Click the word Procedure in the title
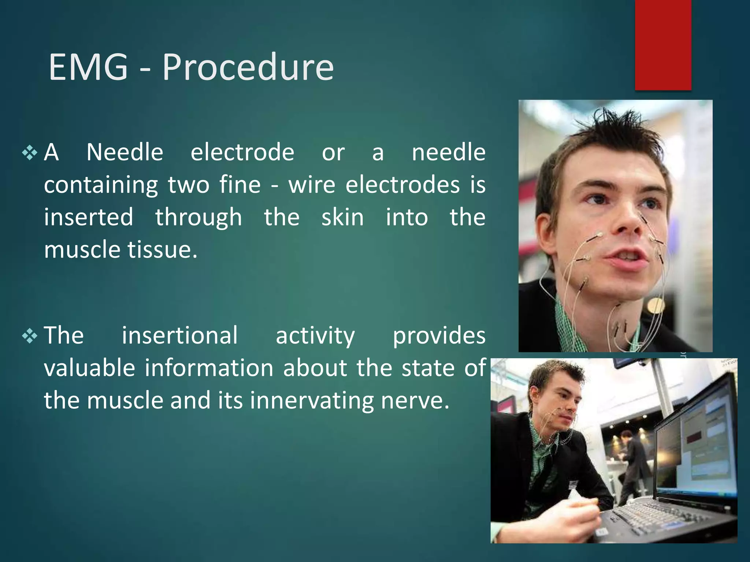click(x=248, y=68)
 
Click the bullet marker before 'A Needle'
click(x=30, y=153)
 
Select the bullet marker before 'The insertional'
click(x=30, y=336)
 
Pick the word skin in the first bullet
click(x=342, y=217)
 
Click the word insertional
click(x=180, y=336)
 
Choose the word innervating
click(x=312, y=401)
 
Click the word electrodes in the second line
click(x=402, y=185)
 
